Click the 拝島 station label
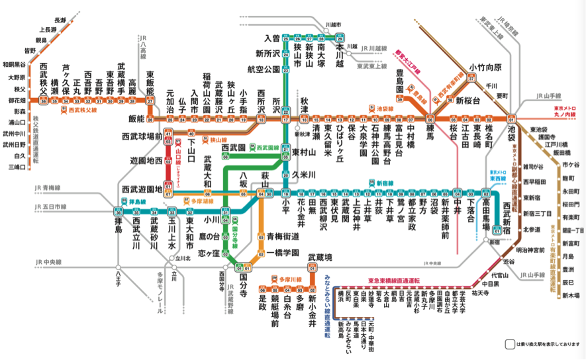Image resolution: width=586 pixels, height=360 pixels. pyautogui.click(x=117, y=224)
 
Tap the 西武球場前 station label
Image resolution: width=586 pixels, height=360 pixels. pyautogui.click(x=144, y=137)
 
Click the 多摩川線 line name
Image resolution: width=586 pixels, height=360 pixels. pyautogui.click(x=290, y=280)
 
